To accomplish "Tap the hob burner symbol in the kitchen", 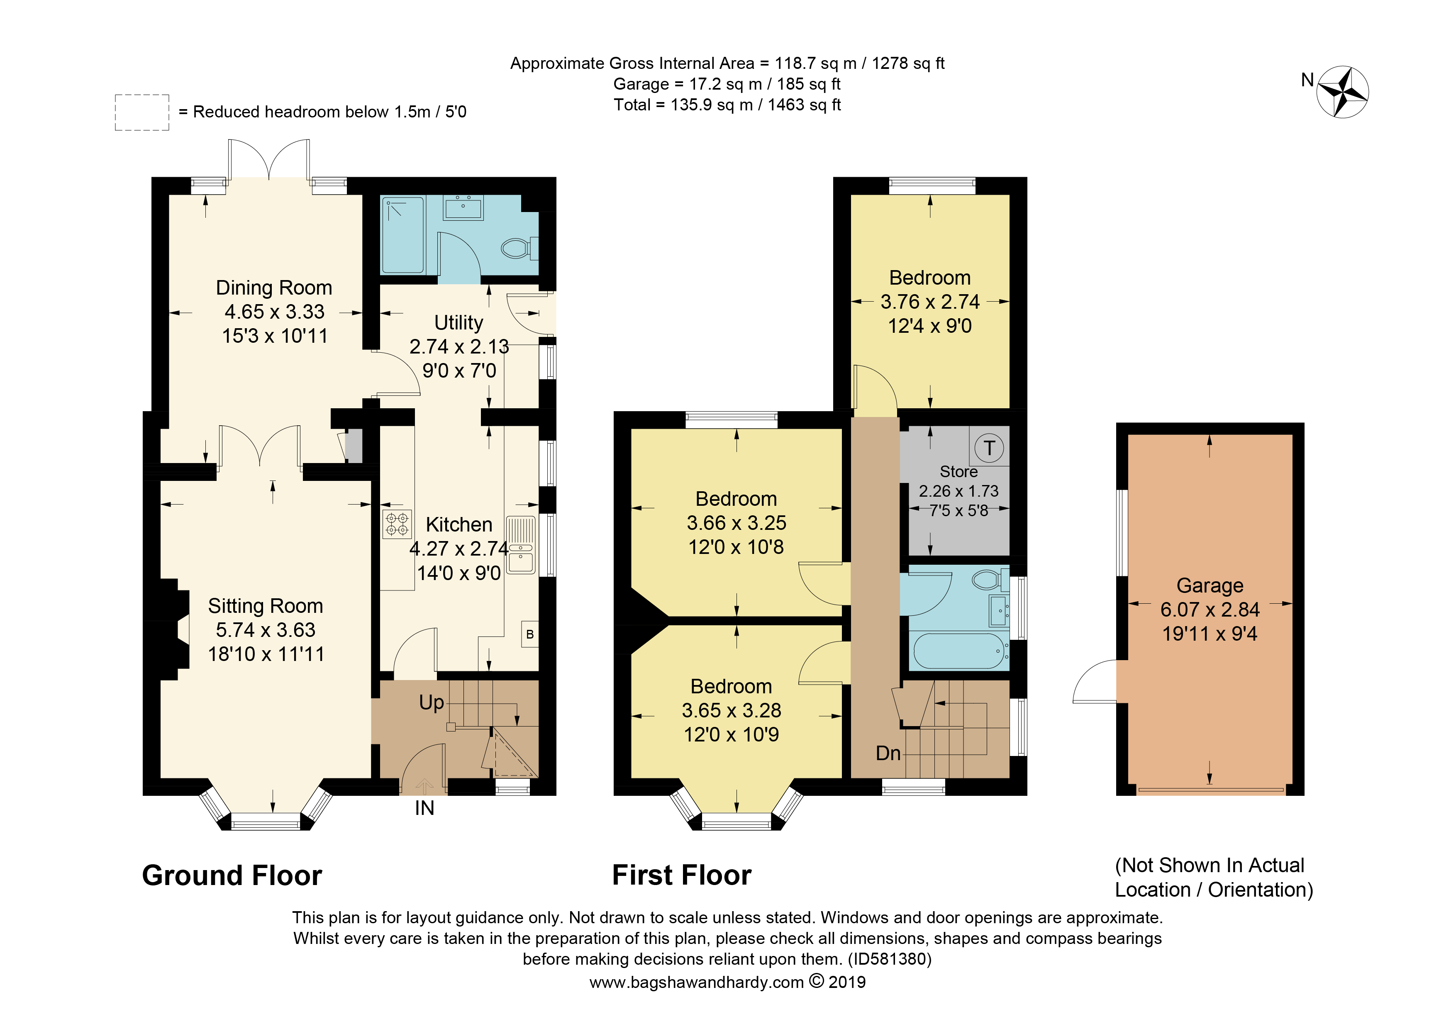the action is coord(397,524).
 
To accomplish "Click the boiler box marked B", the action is coord(530,634).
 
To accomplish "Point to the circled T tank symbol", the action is coord(989,448).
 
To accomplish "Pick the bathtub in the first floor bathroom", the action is coord(959,651).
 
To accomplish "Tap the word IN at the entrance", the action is coord(424,808).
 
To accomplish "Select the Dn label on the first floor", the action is coord(888,753).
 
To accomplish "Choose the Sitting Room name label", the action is coord(266,606).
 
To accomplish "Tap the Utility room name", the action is coord(459,323).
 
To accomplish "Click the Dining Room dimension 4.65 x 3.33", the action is coord(275,312).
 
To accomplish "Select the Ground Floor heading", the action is coord(232,875).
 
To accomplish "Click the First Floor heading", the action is coord(682,875).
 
